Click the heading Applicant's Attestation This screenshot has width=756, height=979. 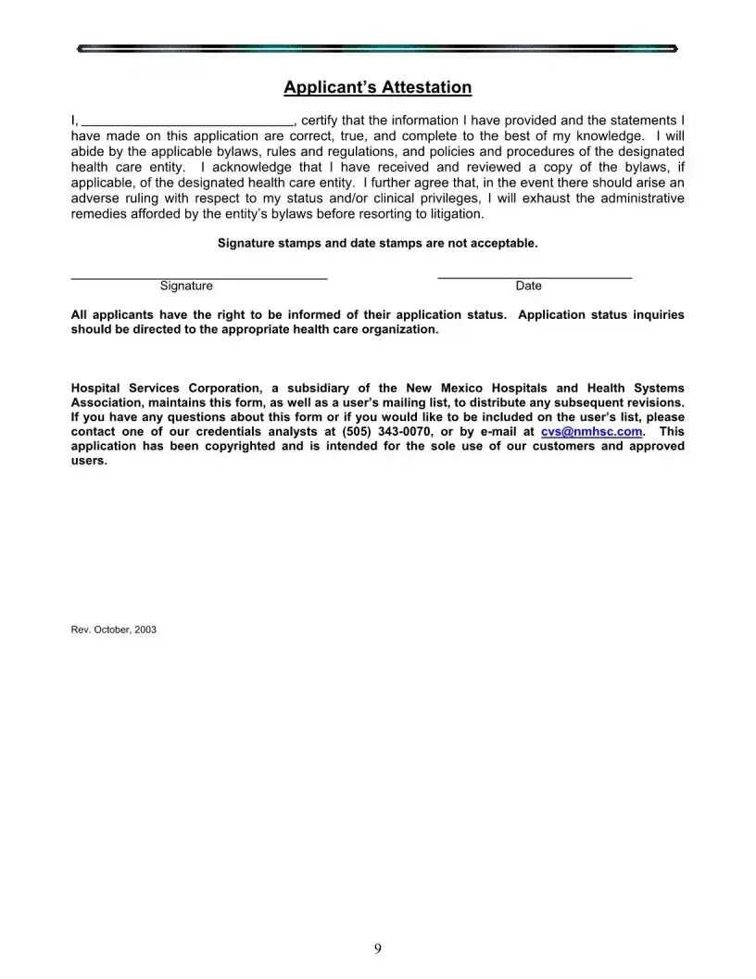coord(377,88)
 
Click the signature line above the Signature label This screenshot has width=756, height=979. coord(199,277)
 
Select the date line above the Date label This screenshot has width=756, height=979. coord(535,277)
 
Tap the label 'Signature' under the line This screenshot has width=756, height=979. coord(186,286)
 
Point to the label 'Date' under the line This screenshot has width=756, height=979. coord(529,286)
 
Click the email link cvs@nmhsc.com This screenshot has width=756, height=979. coord(591,432)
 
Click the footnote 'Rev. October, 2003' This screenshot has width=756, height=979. coord(114,629)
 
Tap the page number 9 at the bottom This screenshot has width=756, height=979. coord(378,947)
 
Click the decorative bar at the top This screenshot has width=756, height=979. coord(377,46)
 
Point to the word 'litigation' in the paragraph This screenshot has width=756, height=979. coord(452,214)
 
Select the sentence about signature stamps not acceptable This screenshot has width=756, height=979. coord(377,244)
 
